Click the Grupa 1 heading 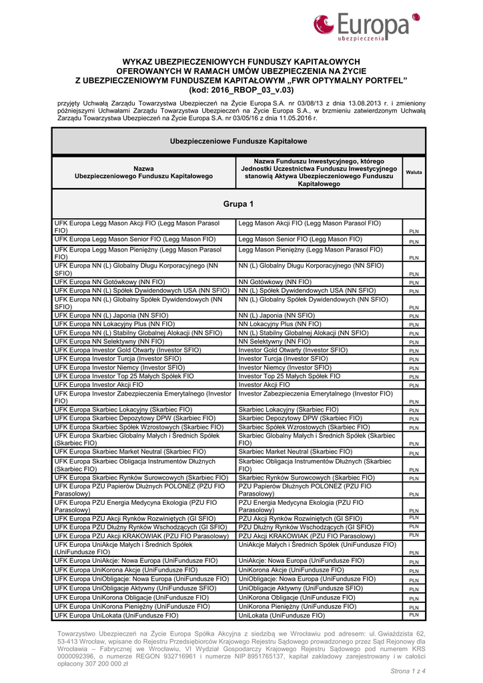pyautogui.click(x=238, y=203)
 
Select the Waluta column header pyautogui.click(x=414, y=172)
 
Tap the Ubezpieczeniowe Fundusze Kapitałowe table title pyautogui.click(x=238, y=141)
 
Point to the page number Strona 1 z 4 pyautogui.click(x=408, y=670)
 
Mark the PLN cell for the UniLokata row pyautogui.click(x=414, y=616)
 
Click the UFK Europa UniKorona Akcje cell pyautogui.click(x=126, y=570)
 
